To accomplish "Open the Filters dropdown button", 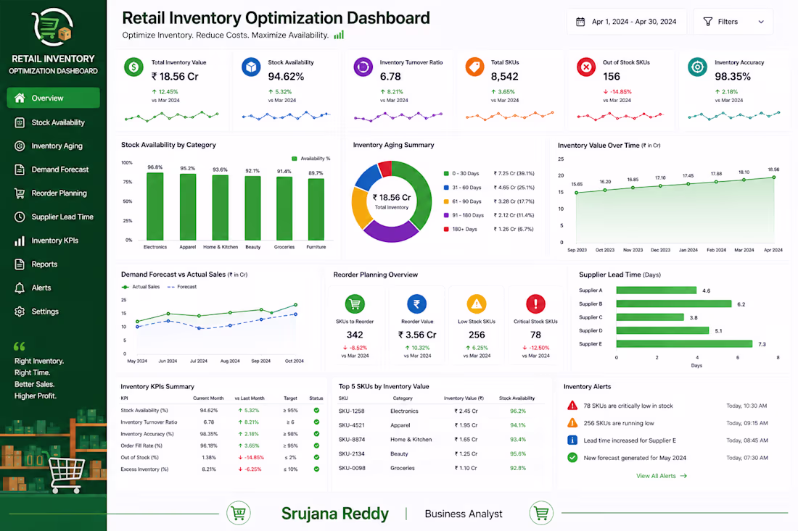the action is tap(733, 22).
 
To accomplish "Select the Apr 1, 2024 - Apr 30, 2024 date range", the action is tap(627, 22).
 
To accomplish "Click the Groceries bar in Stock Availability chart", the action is tap(284, 209).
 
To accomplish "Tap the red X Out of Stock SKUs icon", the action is tap(586, 67).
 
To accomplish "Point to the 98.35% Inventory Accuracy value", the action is tap(733, 77).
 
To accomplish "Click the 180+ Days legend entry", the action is tap(461, 229).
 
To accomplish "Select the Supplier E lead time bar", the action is tap(684, 344).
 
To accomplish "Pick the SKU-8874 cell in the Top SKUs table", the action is tap(352, 440).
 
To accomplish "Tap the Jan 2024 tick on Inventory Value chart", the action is tap(688, 250).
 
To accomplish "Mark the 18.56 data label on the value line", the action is tap(773, 170).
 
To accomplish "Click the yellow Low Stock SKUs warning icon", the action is tap(477, 304).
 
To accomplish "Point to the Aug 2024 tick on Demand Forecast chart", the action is tap(230, 361).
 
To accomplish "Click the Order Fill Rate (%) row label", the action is tap(141, 446).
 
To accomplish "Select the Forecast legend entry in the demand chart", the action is tap(181, 287).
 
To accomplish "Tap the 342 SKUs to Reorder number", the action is tap(355, 335).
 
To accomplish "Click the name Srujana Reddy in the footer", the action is tap(335, 514).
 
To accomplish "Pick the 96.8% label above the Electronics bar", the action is tap(155, 167).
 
